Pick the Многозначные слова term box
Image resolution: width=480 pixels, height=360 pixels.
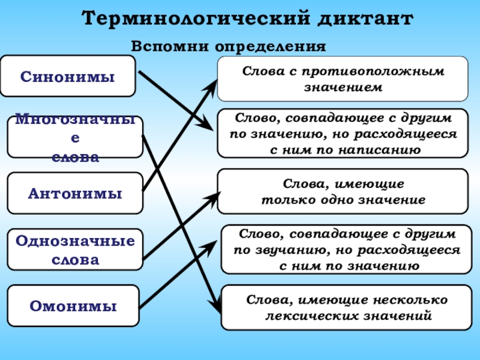75,137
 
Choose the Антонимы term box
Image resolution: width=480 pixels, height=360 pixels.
75,193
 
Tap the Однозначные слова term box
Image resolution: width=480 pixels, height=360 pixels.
75,250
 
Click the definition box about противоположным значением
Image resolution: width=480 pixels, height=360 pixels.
343,79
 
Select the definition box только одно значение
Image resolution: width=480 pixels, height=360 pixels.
343,191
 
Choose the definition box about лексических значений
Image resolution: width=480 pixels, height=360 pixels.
344,307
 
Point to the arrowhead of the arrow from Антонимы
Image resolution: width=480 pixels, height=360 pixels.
213,84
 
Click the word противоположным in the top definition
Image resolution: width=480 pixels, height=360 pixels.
373,71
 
